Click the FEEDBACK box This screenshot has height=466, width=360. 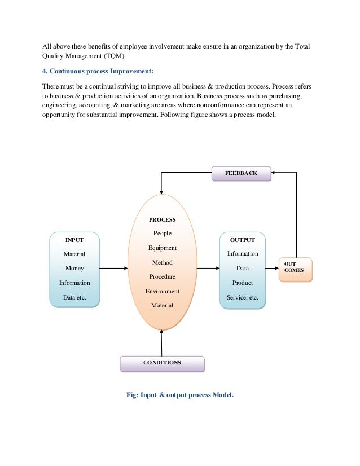[x=241, y=173]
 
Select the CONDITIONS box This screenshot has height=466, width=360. [x=162, y=363]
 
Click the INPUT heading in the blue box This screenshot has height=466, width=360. [x=74, y=240]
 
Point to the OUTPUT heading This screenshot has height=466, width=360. [x=242, y=240]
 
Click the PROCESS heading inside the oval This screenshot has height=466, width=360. [x=162, y=219]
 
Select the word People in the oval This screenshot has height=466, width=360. [x=162, y=234]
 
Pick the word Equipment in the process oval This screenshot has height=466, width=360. [x=162, y=248]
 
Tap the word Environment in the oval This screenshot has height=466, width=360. [x=162, y=292]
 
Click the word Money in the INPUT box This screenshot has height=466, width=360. [x=74, y=269]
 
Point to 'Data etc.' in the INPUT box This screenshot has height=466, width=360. [x=74, y=297]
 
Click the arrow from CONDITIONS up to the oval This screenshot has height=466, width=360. [x=162, y=343]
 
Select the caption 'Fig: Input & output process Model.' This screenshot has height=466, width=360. [x=179, y=395]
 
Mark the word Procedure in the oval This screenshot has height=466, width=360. [x=162, y=277]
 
